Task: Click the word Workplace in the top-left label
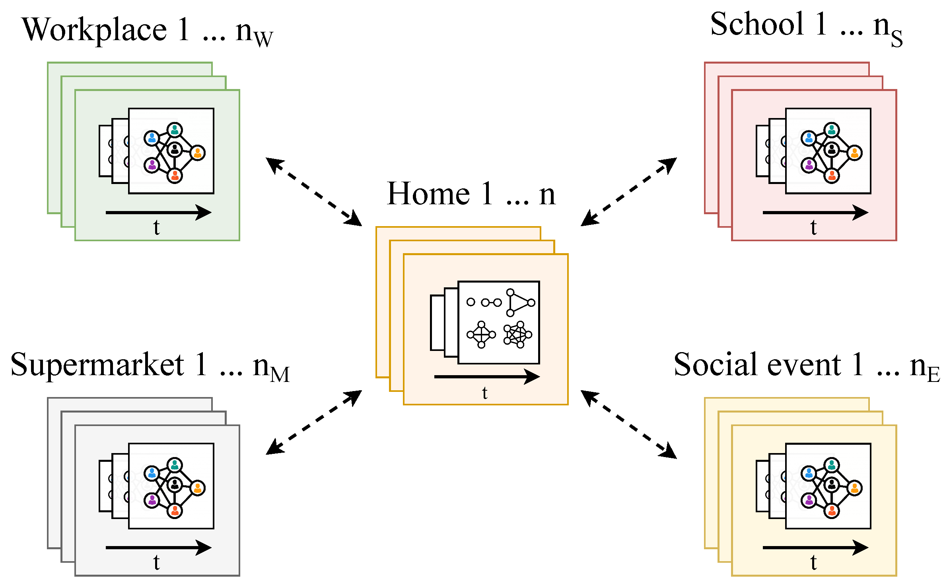coord(94,30)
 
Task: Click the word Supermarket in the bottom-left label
coord(97,365)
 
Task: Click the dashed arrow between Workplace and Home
coord(314,192)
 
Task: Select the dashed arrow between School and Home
coord(629,192)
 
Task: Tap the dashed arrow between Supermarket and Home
coord(314,423)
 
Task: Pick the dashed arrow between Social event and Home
coord(629,424)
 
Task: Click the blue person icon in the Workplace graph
coord(152,138)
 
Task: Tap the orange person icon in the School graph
coord(854,153)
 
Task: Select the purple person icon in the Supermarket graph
coord(152,500)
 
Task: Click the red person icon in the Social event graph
coord(832,511)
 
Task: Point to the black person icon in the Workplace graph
coord(174,149)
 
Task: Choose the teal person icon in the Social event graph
coord(832,465)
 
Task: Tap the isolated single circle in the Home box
coord(471,302)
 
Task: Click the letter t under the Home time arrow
coord(484,393)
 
